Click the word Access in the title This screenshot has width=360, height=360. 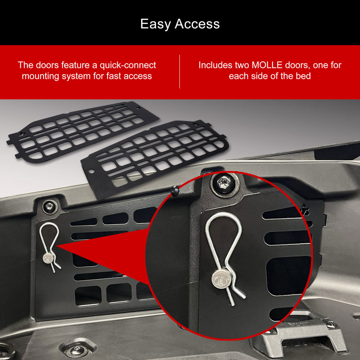(x=197, y=24)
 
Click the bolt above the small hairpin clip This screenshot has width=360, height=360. (x=50, y=206)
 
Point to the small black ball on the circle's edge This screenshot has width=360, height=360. (x=174, y=191)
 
